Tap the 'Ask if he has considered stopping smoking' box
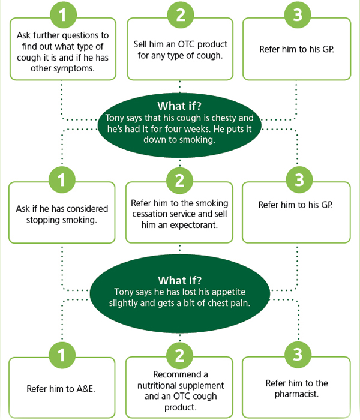click(x=62, y=214)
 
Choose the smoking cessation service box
click(x=179, y=214)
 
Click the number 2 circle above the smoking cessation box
click(x=179, y=180)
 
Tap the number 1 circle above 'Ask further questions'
click(x=62, y=14)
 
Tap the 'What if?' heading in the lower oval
click(x=179, y=280)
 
